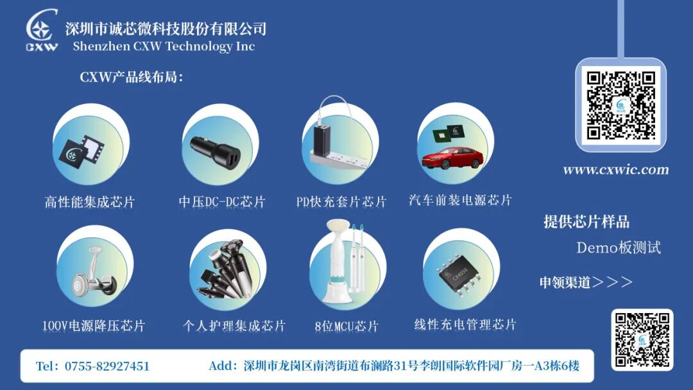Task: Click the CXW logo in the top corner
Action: [42, 30]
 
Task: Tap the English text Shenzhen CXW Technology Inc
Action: [164, 46]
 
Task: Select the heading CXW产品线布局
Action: [131, 77]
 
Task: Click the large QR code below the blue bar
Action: [620, 105]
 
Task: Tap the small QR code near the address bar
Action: [642, 340]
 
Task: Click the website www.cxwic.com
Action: [615, 169]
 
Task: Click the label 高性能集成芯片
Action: [90, 202]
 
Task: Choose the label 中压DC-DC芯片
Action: [222, 202]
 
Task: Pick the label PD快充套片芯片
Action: [341, 202]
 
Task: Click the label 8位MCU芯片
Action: [346, 326]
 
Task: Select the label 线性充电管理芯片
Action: [465, 325]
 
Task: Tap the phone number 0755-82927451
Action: [107, 366]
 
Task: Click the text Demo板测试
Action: [619, 248]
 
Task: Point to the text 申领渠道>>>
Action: [586, 282]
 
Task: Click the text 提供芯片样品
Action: [586, 222]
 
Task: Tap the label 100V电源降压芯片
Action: [94, 326]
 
